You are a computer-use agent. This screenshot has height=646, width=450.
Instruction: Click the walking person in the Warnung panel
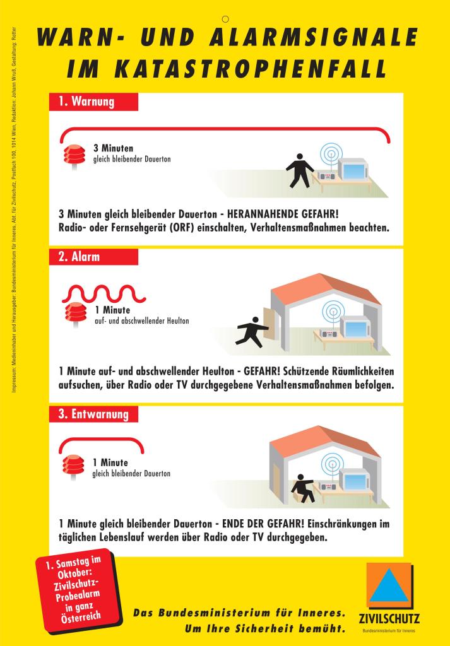click(300, 168)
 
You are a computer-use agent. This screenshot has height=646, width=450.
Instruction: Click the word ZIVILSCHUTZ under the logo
click(388, 618)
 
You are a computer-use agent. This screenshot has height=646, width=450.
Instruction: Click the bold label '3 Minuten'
click(114, 149)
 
